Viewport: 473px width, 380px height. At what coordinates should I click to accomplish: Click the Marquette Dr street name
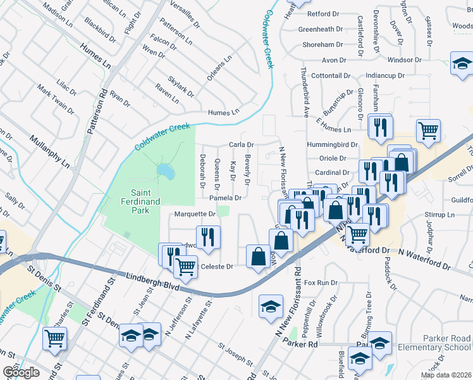(x=195, y=214)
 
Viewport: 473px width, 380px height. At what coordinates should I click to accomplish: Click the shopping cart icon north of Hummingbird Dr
(x=429, y=130)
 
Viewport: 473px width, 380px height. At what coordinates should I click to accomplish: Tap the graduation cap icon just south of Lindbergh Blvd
(x=271, y=307)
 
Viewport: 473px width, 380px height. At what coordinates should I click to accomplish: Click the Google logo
(x=21, y=372)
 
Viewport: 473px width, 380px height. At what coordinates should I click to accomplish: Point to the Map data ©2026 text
(x=445, y=375)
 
